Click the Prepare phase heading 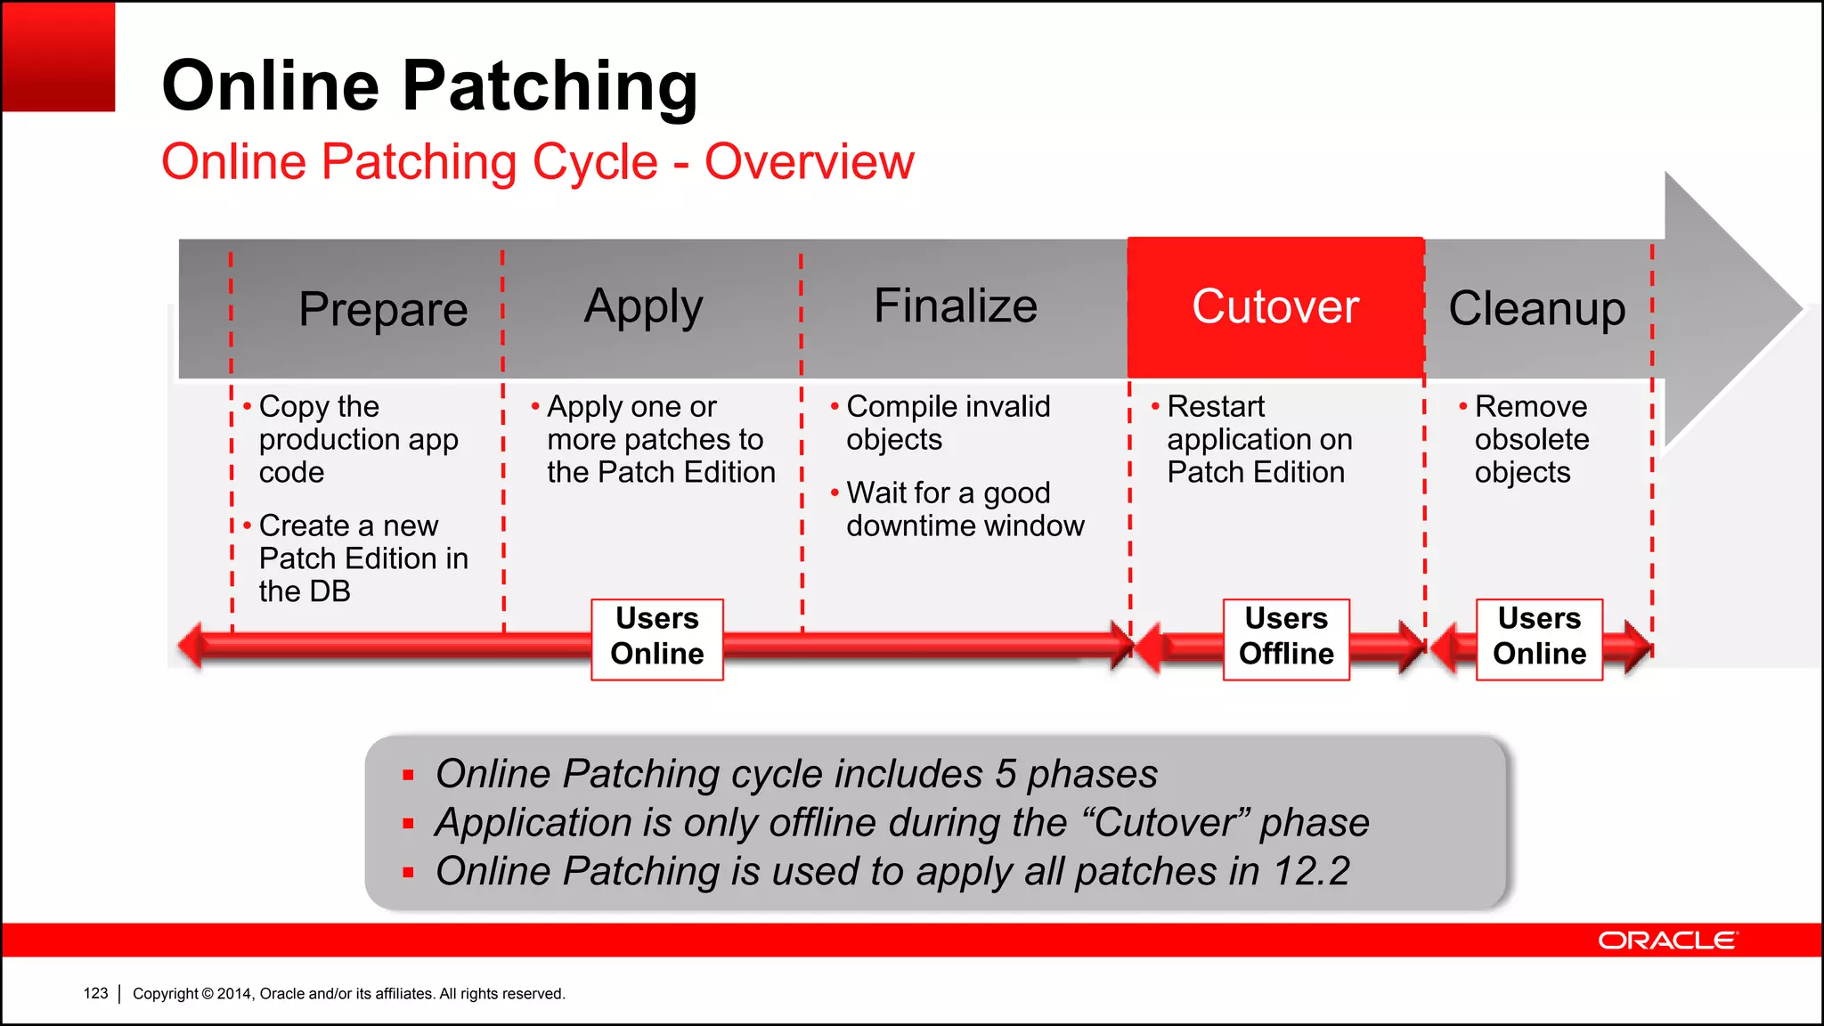[383, 309]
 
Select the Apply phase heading [643, 307]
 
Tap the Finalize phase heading [955, 305]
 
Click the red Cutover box [1275, 306]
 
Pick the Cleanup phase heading [1536, 308]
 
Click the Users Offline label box [1286, 637]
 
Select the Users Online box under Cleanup [1539, 637]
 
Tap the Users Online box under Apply [657, 637]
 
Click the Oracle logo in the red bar [1667, 940]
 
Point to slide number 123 [95, 993]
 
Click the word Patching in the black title [550, 85]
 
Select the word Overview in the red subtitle [809, 161]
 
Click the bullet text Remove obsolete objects [1530, 439]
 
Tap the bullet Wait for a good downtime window [964, 509]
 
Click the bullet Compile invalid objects [947, 422]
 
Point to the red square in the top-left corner [59, 56]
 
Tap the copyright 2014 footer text [348, 993]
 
